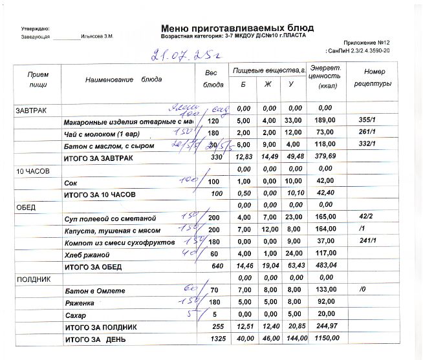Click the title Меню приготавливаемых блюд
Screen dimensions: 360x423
coord(237,28)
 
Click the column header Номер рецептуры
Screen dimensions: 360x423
coord(374,78)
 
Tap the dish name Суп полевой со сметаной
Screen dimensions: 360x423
coord(111,219)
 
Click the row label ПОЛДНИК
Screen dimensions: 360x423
coord(31,279)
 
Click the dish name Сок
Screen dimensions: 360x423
coord(71,183)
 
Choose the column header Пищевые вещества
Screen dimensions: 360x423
coord(268,69)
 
